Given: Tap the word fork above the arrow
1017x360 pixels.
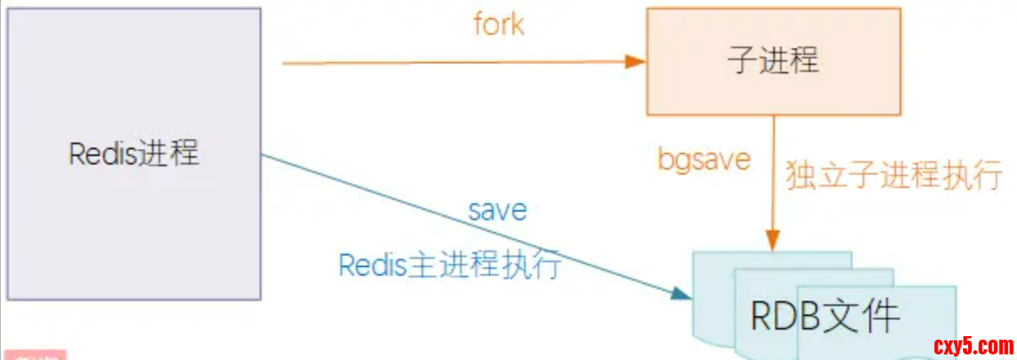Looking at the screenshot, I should pyautogui.click(x=498, y=25).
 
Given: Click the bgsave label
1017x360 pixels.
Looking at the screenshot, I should pyautogui.click(x=704, y=160).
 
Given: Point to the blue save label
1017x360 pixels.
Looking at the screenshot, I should pyautogui.click(x=498, y=210).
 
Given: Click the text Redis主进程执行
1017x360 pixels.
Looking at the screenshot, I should pyautogui.click(x=450, y=265).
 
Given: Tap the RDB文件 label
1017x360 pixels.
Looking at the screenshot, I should pyautogui.click(x=825, y=316).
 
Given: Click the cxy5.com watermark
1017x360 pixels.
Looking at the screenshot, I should pyautogui.click(x=973, y=345).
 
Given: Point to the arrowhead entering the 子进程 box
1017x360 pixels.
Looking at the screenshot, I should pyautogui.click(x=636, y=62).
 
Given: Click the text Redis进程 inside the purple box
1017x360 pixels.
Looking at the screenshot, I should pyautogui.click(x=133, y=153).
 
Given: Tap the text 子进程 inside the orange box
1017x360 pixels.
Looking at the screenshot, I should pyautogui.click(x=773, y=60).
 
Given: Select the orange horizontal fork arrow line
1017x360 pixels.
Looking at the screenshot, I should pyautogui.click(x=456, y=62).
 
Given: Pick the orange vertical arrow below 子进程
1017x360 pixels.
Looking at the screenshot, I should pyautogui.click(x=773, y=175).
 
